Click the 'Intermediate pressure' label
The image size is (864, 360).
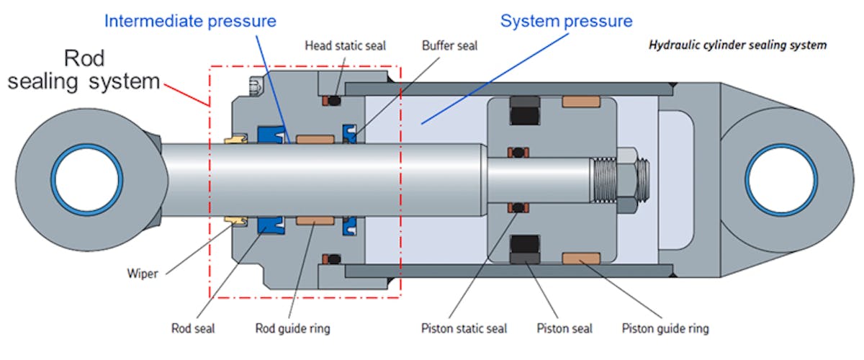tap(190, 20)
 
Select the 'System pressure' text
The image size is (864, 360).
tap(567, 20)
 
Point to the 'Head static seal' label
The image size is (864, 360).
tap(345, 45)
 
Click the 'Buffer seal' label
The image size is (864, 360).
tap(449, 45)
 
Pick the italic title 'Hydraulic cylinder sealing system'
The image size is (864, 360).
tap(737, 45)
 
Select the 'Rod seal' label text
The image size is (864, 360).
tap(193, 328)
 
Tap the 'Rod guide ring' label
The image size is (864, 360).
tap(293, 328)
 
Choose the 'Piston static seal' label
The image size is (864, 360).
tap(464, 328)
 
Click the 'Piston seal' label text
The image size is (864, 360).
tap(564, 328)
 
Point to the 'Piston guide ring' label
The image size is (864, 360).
tap(665, 328)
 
